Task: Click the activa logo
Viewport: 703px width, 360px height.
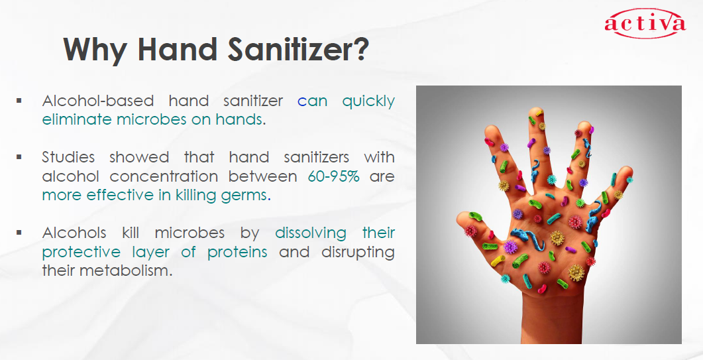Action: pyautogui.click(x=645, y=23)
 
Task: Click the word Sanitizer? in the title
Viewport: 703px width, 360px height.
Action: pyautogui.click(x=298, y=49)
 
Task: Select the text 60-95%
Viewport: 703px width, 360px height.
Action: pyautogui.click(x=333, y=176)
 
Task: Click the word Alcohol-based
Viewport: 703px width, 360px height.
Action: pyautogui.click(x=98, y=101)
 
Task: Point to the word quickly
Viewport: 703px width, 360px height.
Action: pyautogui.click(x=368, y=101)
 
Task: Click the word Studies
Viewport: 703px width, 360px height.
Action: pyautogui.click(x=68, y=157)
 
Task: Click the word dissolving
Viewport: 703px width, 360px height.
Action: pyautogui.click(x=310, y=233)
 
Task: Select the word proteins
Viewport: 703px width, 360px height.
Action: pyautogui.click(x=237, y=253)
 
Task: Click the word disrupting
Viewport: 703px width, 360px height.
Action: pyautogui.click(x=358, y=253)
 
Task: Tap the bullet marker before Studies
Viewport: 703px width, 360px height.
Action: pyautogui.click(x=19, y=157)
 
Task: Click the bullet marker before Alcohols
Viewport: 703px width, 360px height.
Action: pyautogui.click(x=19, y=233)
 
